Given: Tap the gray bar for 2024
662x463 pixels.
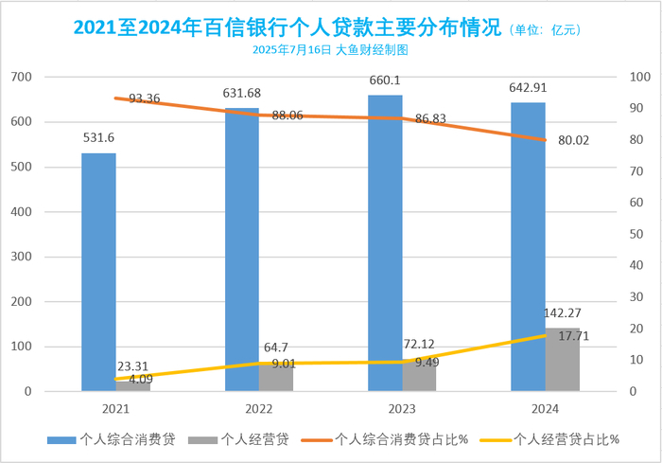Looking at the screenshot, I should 563,360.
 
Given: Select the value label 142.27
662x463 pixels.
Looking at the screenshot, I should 563,312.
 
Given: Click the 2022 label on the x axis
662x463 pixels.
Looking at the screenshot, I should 259,408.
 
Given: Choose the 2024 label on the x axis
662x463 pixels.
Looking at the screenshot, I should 545,408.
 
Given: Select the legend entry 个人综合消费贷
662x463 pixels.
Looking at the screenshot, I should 113,439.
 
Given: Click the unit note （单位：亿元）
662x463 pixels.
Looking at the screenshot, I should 544,30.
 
